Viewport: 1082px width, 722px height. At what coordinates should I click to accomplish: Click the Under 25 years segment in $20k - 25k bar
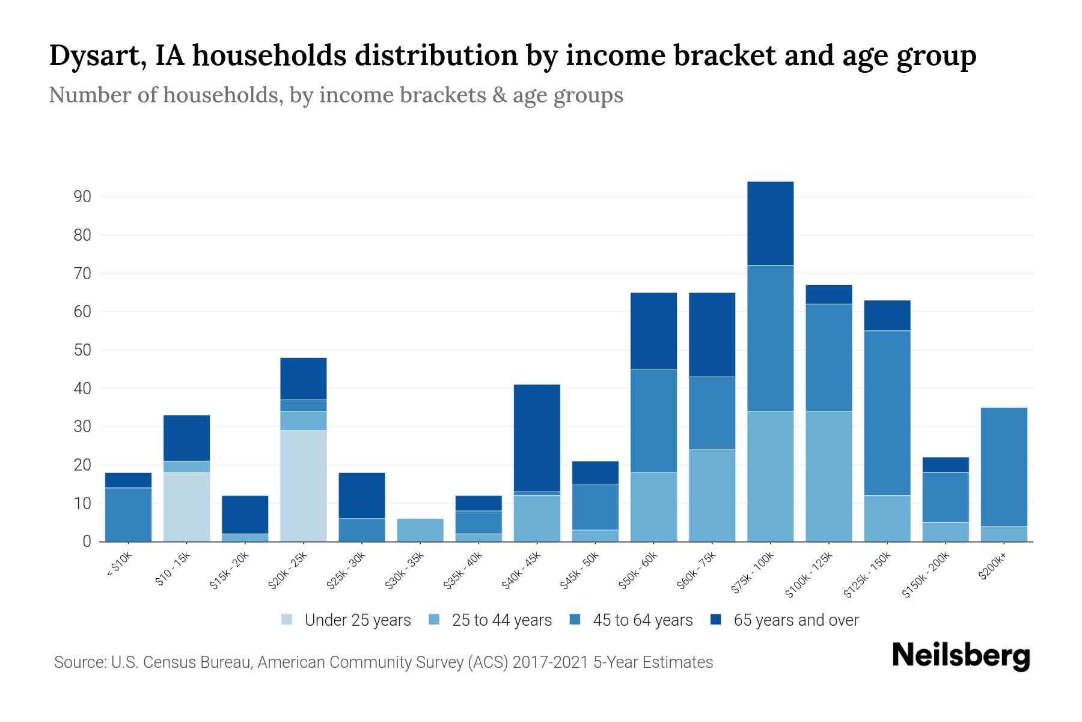(304, 486)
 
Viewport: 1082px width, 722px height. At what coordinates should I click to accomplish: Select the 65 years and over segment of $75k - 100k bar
(770, 223)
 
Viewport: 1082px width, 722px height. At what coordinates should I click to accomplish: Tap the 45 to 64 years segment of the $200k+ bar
(1003, 467)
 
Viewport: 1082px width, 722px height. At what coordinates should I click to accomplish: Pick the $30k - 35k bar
(420, 530)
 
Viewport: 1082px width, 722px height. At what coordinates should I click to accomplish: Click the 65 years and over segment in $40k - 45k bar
(537, 438)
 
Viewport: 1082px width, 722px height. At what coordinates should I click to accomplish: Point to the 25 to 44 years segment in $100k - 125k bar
(828, 476)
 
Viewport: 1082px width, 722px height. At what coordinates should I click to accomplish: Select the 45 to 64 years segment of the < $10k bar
(128, 514)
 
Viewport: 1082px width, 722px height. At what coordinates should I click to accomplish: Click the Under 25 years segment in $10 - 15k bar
(186, 507)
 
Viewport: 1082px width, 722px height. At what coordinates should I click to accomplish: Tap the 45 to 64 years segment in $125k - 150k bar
(887, 413)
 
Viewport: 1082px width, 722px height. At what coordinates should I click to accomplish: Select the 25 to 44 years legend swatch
(435, 620)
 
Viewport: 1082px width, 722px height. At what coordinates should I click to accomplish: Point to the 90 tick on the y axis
(82, 197)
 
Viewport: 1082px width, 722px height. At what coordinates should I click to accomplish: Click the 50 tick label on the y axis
(82, 350)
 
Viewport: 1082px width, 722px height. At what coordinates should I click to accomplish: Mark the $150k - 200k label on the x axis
(926, 575)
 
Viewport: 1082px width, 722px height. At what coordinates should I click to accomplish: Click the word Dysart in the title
(95, 56)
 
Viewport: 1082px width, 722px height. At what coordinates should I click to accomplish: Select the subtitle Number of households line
(335, 95)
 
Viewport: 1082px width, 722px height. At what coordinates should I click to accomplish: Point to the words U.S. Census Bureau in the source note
(182, 662)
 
